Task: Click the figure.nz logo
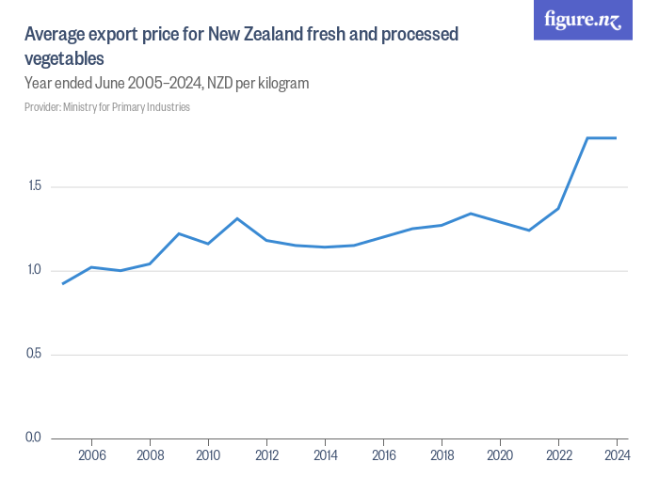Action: point(583,21)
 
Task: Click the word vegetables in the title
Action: point(64,58)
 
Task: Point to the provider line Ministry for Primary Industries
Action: point(107,107)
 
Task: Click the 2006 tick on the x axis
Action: point(91,455)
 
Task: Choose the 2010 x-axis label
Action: point(208,455)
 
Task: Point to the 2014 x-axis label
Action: point(325,455)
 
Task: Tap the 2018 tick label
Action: point(442,455)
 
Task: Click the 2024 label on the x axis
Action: point(616,455)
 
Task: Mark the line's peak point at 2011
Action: point(237,218)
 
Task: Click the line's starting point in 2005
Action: point(62,284)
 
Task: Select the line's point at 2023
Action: point(587,138)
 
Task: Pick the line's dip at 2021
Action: point(529,231)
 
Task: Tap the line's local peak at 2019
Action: point(471,214)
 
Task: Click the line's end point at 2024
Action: point(616,138)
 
